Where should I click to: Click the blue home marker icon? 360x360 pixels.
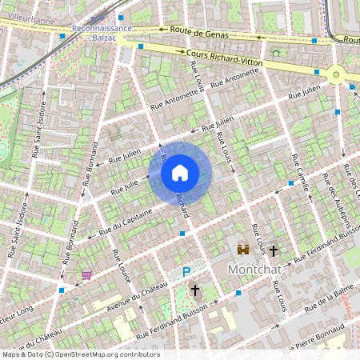click(x=180, y=173)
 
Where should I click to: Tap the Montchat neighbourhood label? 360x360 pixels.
click(x=256, y=270)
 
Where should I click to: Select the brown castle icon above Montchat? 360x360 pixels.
click(x=242, y=250)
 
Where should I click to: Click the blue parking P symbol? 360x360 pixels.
click(x=186, y=272)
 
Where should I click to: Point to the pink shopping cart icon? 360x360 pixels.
click(x=86, y=274)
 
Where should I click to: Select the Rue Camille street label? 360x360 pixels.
click(x=302, y=172)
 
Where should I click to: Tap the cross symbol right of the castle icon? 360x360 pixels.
click(x=273, y=250)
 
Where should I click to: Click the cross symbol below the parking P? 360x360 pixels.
click(x=194, y=290)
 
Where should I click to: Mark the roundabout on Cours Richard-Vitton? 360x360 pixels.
click(x=335, y=75)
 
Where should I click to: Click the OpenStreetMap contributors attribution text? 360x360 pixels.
click(x=80, y=354)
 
